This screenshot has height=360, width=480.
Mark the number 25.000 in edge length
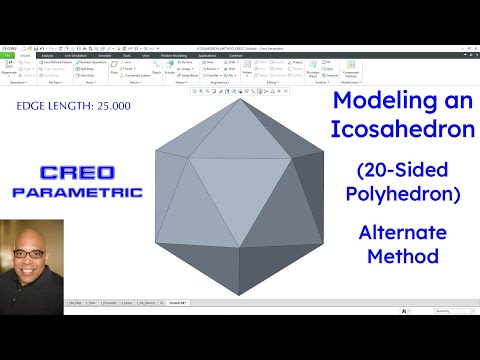tap(111, 104)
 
